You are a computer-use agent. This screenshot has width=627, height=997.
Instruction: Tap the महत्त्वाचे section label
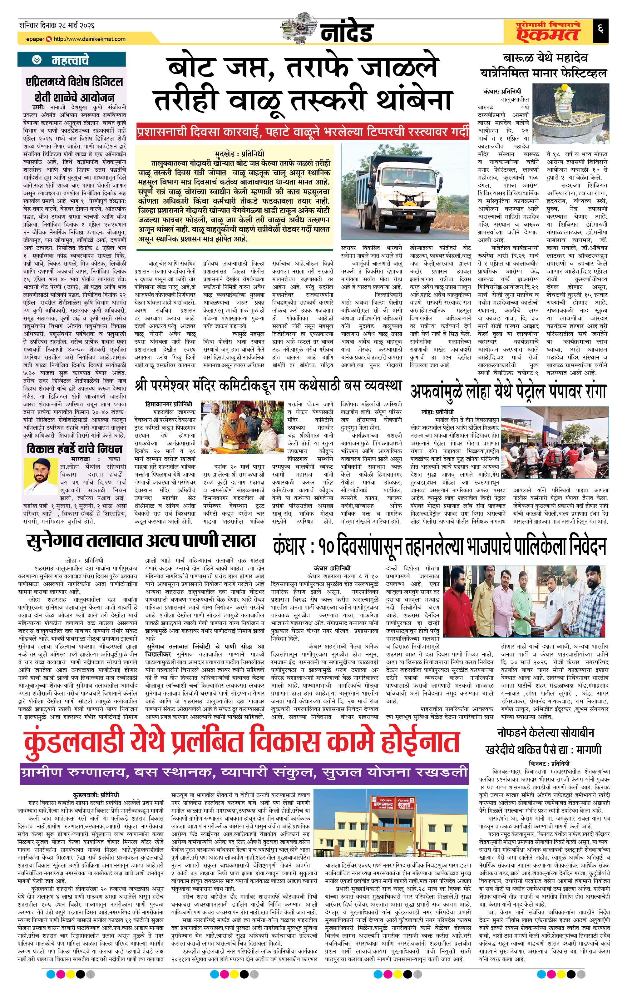(x=70, y=60)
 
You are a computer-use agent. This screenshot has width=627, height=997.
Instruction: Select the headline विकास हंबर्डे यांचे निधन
(x=74, y=449)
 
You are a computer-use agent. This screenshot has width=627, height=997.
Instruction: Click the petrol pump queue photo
(x=554, y=443)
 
